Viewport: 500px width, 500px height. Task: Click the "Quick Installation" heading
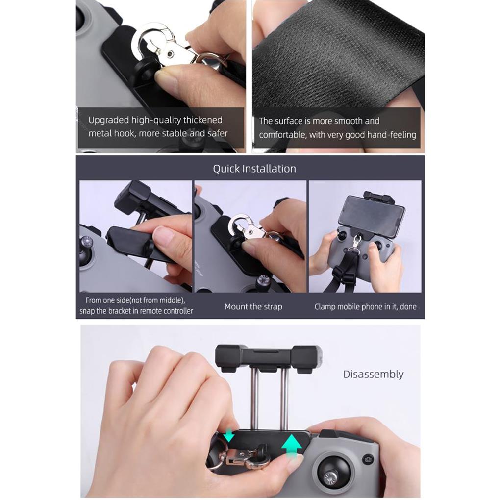tap(254, 169)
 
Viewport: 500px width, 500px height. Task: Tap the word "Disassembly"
tap(373, 375)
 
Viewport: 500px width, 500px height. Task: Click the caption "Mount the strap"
tap(253, 307)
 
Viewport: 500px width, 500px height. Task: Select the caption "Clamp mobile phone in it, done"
tap(365, 307)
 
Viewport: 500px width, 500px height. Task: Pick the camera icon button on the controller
tap(368, 459)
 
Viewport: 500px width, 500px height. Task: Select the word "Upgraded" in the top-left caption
tap(109, 120)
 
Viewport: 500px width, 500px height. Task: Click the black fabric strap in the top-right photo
tap(338, 54)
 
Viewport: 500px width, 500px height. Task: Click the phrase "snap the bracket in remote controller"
tap(136, 311)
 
